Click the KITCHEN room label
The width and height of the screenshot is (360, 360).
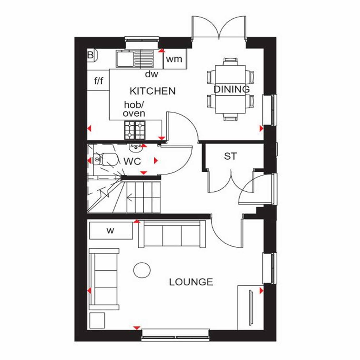(x=153, y=91)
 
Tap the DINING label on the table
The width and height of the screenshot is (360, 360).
(x=231, y=89)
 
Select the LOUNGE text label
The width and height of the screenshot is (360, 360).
(x=191, y=282)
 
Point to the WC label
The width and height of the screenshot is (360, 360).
(x=132, y=162)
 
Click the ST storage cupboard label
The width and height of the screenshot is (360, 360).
(x=231, y=156)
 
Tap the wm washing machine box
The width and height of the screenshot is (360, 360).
(x=174, y=59)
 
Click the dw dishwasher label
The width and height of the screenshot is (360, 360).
(x=152, y=74)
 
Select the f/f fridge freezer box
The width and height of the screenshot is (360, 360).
(x=98, y=81)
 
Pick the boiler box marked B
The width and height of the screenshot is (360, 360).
(x=91, y=55)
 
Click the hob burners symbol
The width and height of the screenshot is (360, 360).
(x=135, y=130)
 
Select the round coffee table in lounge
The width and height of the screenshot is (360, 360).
(x=142, y=270)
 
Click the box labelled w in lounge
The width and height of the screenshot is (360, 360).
(x=111, y=231)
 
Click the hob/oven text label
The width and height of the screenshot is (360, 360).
(x=134, y=109)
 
